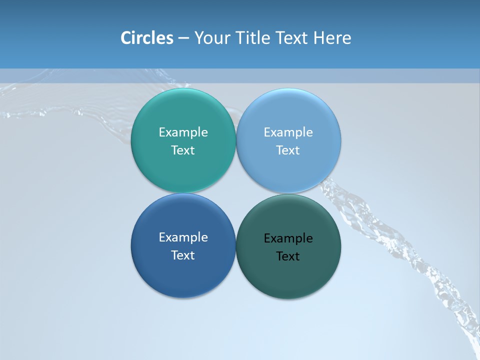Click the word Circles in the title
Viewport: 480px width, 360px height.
[x=147, y=38]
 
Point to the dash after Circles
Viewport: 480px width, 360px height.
[x=183, y=38]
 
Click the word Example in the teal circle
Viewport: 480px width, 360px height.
[x=183, y=132]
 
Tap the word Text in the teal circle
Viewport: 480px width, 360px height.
[x=183, y=150]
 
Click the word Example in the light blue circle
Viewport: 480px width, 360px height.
[x=288, y=132]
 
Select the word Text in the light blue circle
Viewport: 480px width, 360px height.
[x=288, y=150]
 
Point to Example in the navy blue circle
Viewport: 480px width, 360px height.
[x=183, y=237]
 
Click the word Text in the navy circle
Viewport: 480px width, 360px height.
[x=183, y=255]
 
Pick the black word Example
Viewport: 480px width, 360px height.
[x=288, y=238]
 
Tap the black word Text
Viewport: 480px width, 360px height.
[x=288, y=256]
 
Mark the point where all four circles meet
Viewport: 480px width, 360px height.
[x=236, y=193]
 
